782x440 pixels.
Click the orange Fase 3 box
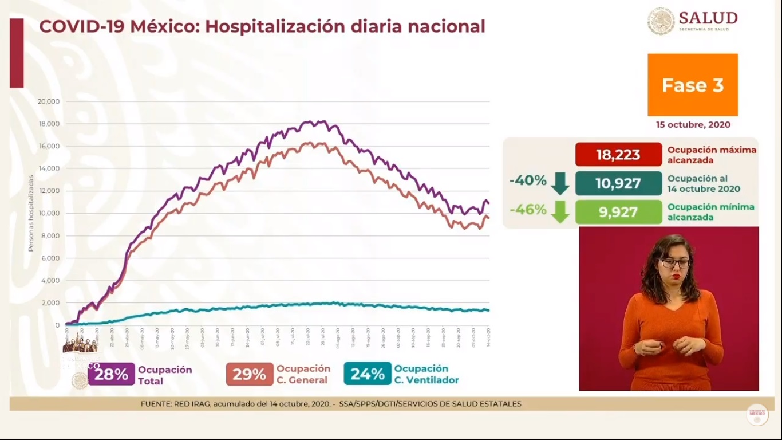[x=692, y=85]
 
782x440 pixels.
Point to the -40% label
[x=528, y=180]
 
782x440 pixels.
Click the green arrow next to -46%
[x=560, y=212]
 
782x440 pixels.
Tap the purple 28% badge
[x=112, y=375]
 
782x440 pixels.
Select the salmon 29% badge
[x=249, y=375]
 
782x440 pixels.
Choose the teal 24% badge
[x=367, y=375]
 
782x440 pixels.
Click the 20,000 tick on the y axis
[x=48, y=101]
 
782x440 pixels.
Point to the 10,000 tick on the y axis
[x=48, y=213]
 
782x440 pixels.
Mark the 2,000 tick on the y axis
[x=50, y=303]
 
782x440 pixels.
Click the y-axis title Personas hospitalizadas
[x=31, y=213]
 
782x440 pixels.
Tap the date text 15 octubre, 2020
[x=693, y=125]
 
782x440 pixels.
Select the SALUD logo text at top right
[x=708, y=18]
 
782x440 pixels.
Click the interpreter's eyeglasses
[x=674, y=263]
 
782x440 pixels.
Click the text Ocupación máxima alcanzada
[x=711, y=155]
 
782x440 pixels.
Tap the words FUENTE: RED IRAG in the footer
[x=176, y=404]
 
